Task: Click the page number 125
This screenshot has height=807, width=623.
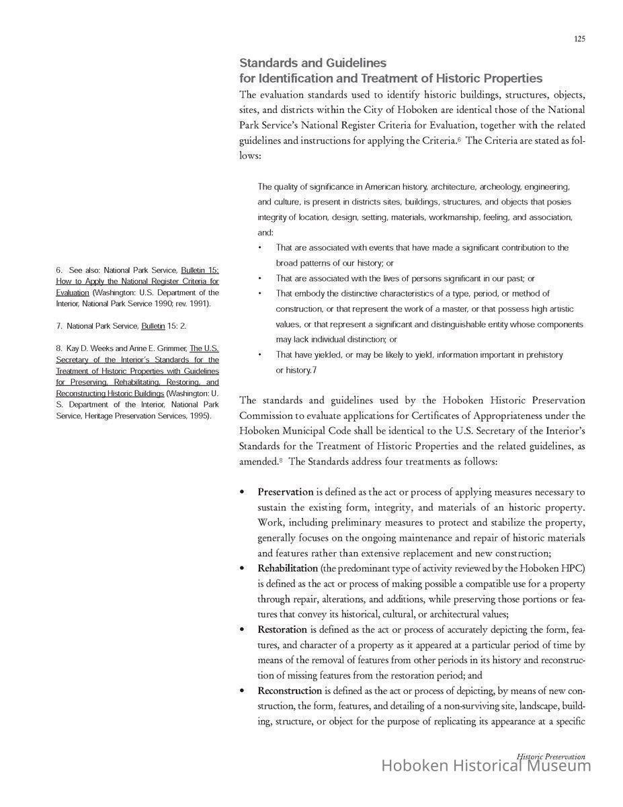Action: pyautogui.click(x=579, y=39)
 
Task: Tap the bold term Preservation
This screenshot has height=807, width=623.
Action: pyautogui.click(x=286, y=492)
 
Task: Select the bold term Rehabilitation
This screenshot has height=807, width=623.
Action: pyautogui.click(x=288, y=568)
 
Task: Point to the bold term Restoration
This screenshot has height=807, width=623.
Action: pyautogui.click(x=282, y=629)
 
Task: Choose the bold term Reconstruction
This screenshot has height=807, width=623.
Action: pyautogui.click(x=290, y=691)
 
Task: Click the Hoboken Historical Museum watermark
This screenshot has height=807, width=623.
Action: pyautogui.click(x=486, y=765)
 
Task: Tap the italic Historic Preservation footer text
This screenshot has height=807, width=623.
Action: pyautogui.click(x=550, y=756)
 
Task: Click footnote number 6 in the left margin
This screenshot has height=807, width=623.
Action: pyautogui.click(x=58, y=270)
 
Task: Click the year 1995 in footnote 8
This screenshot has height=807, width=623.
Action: pyautogui.click(x=201, y=416)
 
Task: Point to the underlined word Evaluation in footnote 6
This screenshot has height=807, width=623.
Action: pyautogui.click(x=73, y=293)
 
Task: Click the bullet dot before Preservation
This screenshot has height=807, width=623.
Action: pyautogui.click(x=243, y=492)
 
